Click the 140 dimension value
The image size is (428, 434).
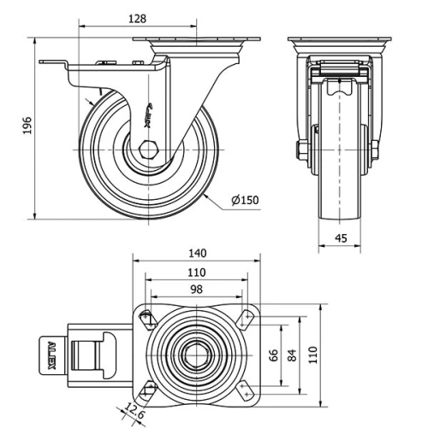pyautogui.click(x=196, y=253)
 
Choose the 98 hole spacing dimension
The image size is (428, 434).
pyautogui.click(x=196, y=290)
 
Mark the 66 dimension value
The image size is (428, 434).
pyautogui.click(x=275, y=355)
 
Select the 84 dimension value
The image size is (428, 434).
pyautogui.click(x=294, y=355)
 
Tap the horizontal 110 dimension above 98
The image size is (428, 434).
pyautogui.click(x=196, y=272)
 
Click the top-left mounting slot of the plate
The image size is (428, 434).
pyautogui.click(x=147, y=318)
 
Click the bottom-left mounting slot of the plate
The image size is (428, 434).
pyautogui.click(x=147, y=391)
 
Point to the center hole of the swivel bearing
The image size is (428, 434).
pyautogui.click(x=196, y=355)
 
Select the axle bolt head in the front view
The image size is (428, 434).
pyautogui.click(x=302, y=155)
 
